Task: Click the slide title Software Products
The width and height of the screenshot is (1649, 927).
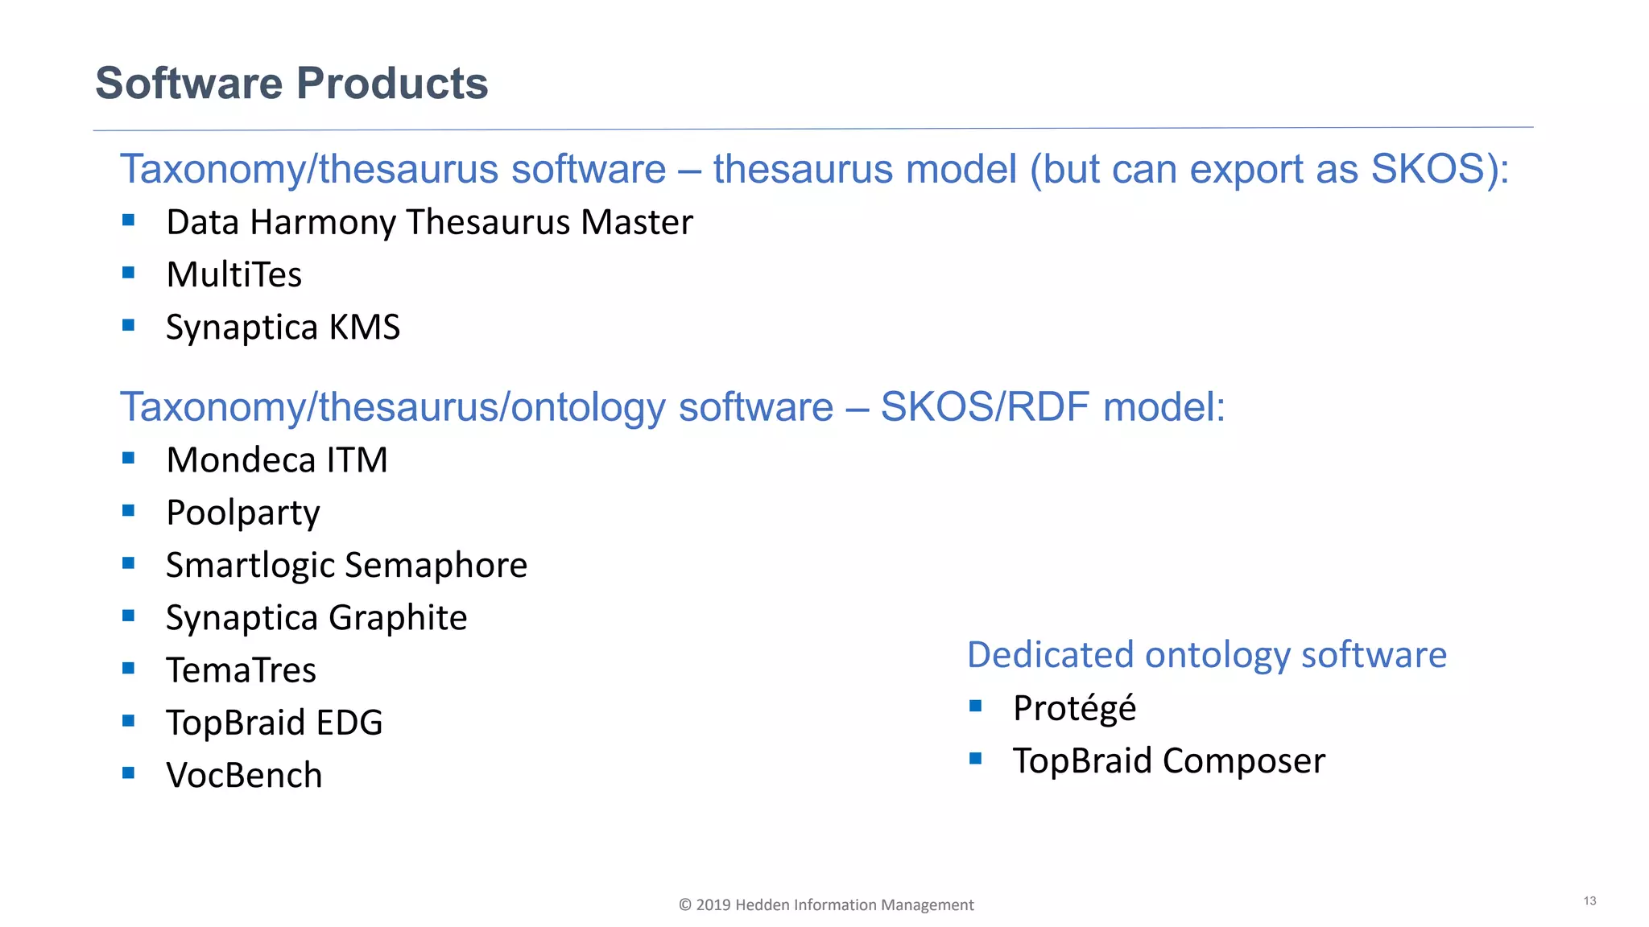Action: [291, 83]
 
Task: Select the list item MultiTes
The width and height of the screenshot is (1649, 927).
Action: [234, 274]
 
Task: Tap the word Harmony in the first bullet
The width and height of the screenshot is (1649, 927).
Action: [323, 223]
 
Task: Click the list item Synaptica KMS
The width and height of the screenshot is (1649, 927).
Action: [283, 328]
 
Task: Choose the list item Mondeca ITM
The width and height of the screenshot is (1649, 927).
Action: [276, 460]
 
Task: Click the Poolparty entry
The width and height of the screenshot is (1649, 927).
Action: [242, 513]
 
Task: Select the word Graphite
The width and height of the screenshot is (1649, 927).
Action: [398, 618]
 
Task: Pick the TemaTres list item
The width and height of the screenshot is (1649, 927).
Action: [241, 670]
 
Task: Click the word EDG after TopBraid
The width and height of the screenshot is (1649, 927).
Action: [349, 723]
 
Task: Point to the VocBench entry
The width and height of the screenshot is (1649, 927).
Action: [243, 776]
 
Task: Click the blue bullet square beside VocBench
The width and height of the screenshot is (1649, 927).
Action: [129, 773]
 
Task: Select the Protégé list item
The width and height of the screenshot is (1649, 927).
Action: [1074, 708]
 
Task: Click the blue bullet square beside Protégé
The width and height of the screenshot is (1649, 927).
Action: [976, 706]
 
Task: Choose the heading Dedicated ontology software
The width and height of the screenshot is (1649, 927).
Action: [1206, 655]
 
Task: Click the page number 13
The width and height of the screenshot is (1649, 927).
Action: [1589, 900]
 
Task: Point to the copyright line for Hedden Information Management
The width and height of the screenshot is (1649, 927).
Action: [826, 904]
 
